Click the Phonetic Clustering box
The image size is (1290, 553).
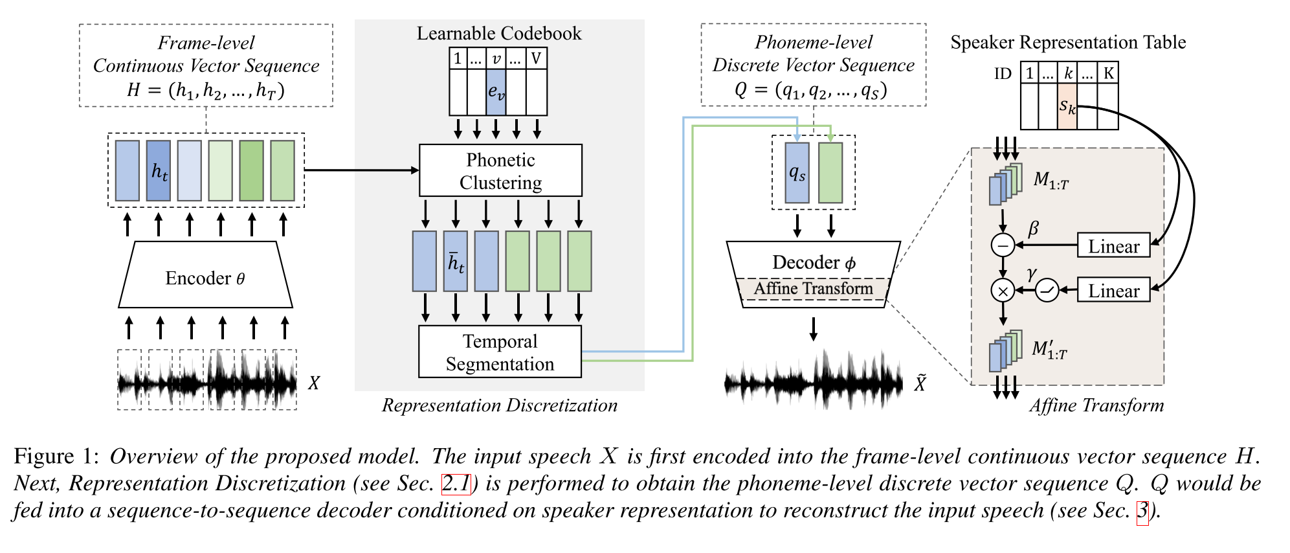pos(500,170)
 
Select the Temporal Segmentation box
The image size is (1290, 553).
pos(500,352)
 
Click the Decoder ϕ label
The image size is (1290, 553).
pos(814,262)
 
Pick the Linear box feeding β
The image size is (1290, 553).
pos(1113,245)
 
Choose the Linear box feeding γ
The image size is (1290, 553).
pos(1113,290)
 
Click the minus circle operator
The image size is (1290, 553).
pos(1003,245)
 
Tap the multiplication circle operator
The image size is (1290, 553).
pos(1003,291)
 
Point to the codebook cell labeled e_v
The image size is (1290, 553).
pos(496,93)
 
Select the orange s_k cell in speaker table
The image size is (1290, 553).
pos(1067,106)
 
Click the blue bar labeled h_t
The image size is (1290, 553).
pos(159,171)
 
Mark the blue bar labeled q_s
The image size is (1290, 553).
pos(797,173)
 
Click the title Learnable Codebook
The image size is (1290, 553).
pos(499,34)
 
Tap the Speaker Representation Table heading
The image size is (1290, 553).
pos(1067,43)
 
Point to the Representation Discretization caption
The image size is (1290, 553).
pos(499,406)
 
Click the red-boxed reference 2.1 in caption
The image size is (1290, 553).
pos(456,484)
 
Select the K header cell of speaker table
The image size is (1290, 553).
pos(1109,73)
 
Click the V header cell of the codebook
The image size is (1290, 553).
pos(536,59)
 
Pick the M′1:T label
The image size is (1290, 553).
pos(1049,350)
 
